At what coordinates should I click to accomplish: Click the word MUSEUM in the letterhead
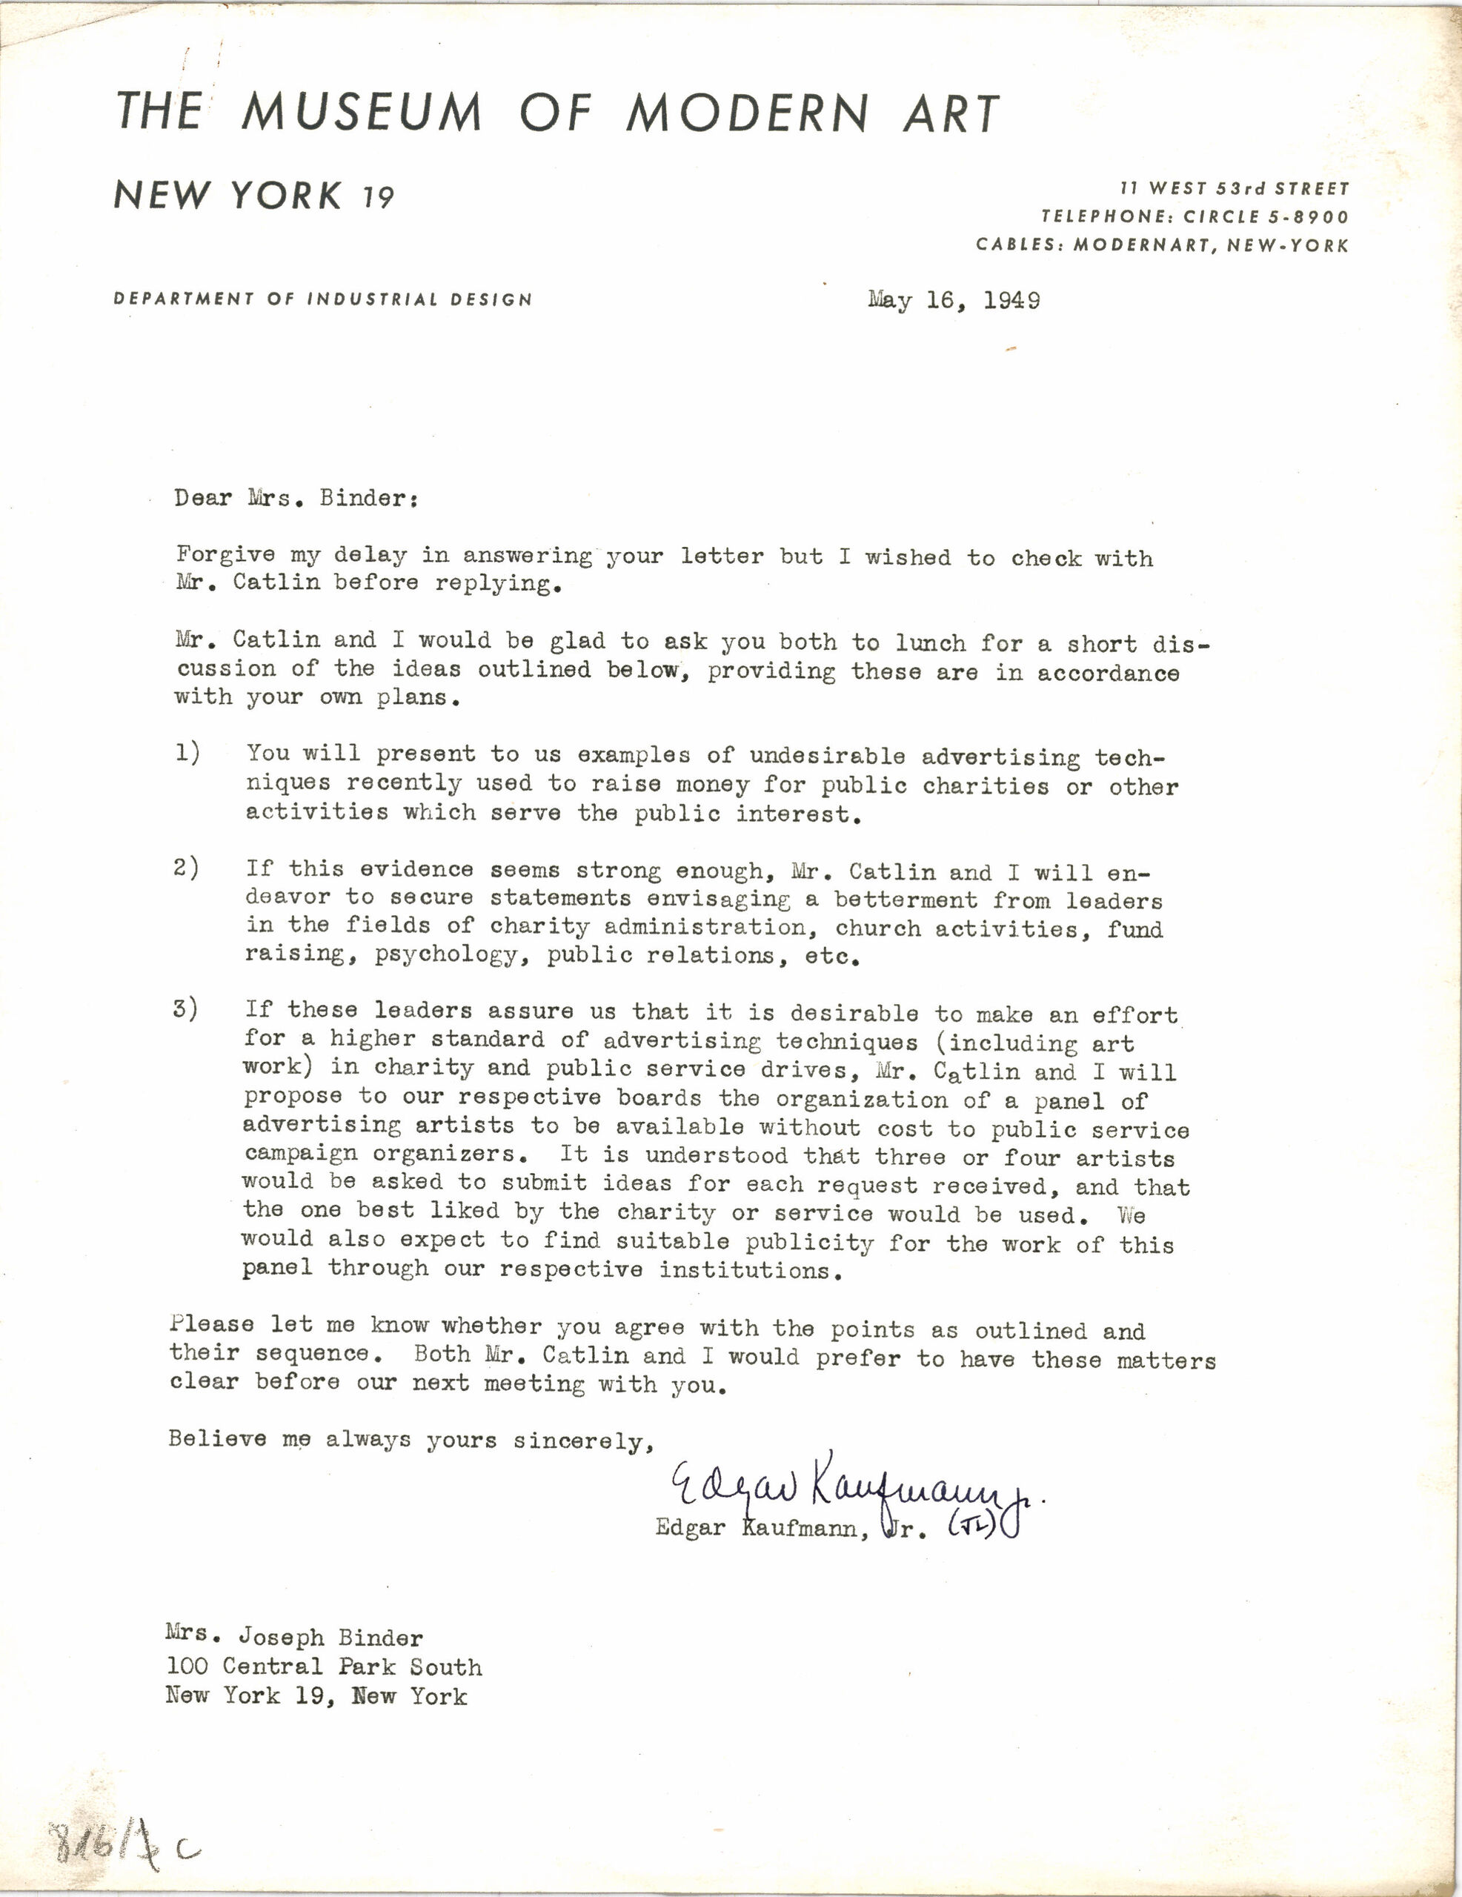coord(362,113)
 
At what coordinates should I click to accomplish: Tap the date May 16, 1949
coord(953,301)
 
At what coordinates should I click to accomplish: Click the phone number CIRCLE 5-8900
coord(1266,217)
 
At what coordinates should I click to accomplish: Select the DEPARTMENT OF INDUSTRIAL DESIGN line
coord(322,299)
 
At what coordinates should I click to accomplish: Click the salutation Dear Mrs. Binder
coord(296,499)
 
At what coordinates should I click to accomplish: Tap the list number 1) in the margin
coord(187,752)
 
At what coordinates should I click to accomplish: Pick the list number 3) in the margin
coord(186,1009)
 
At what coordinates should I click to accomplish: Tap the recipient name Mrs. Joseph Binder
coord(294,1638)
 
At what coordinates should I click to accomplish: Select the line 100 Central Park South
coord(324,1666)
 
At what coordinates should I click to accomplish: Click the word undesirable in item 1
coord(827,756)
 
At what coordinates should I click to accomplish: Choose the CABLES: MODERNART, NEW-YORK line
coord(1163,245)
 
